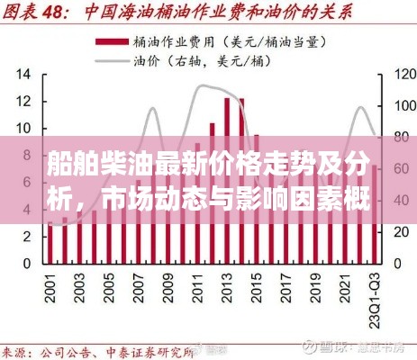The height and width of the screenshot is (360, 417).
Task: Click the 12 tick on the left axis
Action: (23, 102)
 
